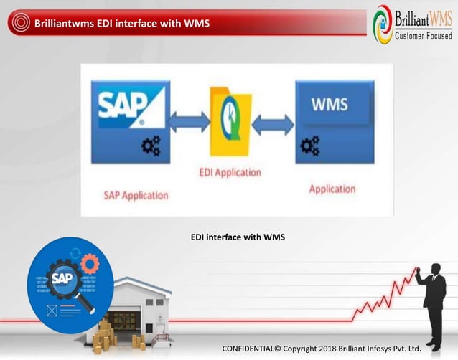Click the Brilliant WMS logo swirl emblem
pyautogui.click(x=382, y=23)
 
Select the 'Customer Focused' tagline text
pyautogui.click(x=424, y=36)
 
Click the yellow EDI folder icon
pyautogui.click(x=230, y=121)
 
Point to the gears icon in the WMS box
pyautogui.click(x=310, y=146)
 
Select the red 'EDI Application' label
pyautogui.click(x=230, y=173)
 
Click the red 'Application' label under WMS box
pyautogui.click(x=332, y=189)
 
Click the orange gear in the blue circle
pyautogui.click(x=89, y=264)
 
